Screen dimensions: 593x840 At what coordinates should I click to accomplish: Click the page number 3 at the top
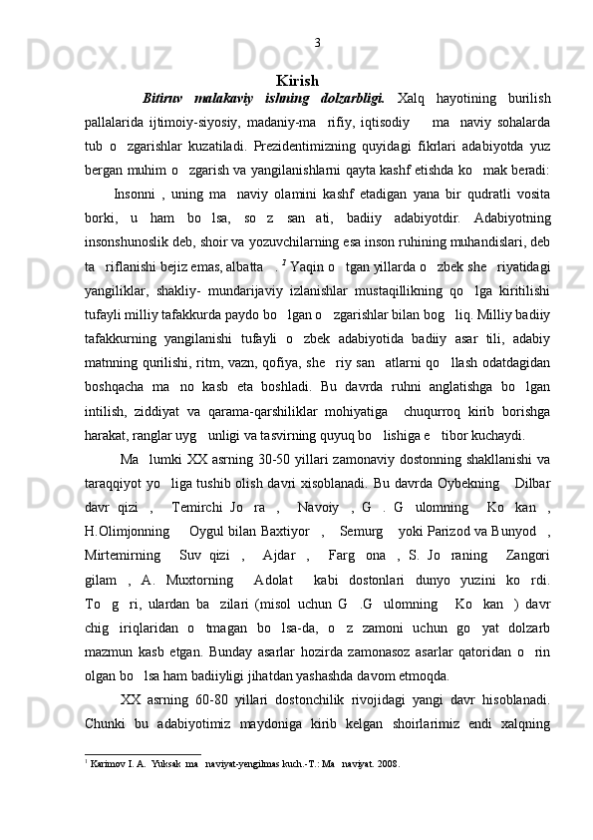coord(317,42)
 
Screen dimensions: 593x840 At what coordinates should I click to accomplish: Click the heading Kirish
coord(297,80)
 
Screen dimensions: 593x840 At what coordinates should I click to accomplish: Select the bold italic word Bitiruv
coord(163,98)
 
